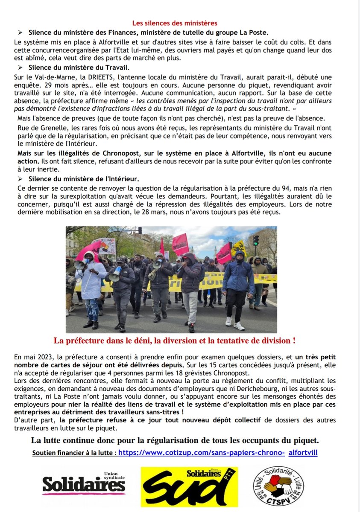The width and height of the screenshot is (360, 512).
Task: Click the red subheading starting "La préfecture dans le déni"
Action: pyautogui.click(x=174, y=341)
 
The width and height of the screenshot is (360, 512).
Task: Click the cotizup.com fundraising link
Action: pyautogui.click(x=202, y=452)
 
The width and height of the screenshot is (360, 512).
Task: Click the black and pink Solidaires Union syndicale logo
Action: pyautogui.click(x=84, y=483)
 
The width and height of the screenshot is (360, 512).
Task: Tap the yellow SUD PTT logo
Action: pyautogui.click(x=189, y=486)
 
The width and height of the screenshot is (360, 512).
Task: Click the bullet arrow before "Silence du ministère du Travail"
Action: pyautogui.click(x=20, y=68)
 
